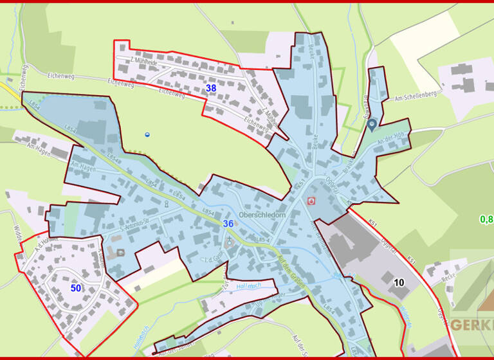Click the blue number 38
coord(210,88)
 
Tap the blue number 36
coord(228,224)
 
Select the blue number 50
coord(76,288)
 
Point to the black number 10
coord(399,282)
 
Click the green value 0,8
coord(486,219)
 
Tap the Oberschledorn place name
coord(261,215)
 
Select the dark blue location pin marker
coord(372,125)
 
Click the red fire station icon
coord(312,201)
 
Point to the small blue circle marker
coord(147,134)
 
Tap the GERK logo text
coord(472,325)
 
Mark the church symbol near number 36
coord(230,240)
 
